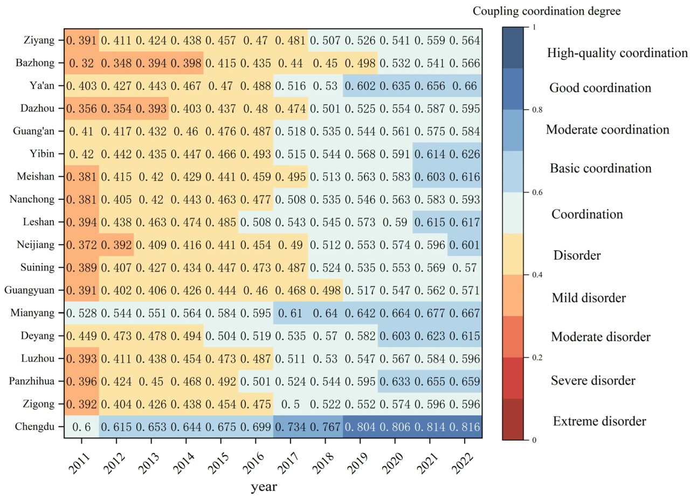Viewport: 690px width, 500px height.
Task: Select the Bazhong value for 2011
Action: point(81,63)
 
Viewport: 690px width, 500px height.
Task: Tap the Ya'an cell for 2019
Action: point(360,86)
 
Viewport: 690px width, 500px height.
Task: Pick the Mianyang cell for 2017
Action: point(291,313)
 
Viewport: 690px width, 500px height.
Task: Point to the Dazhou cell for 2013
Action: point(151,108)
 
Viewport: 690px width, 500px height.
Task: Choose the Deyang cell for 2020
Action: point(395,336)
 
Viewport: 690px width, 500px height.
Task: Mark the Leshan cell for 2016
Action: point(256,222)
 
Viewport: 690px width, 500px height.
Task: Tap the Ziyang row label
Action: point(40,40)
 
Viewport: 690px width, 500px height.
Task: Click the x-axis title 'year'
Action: point(263,487)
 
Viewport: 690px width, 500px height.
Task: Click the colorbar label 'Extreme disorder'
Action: point(599,421)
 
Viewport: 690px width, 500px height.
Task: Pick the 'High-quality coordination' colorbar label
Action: point(617,53)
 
